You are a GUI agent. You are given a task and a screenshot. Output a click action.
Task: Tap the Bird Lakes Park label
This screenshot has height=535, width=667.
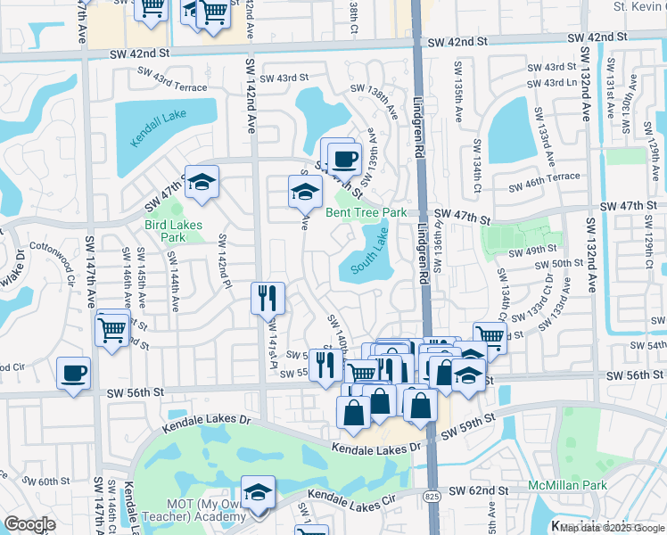pos(174,231)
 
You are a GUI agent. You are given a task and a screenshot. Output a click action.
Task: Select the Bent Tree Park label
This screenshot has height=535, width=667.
pos(366,212)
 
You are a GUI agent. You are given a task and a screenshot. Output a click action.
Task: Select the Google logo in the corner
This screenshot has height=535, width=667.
pos(30,523)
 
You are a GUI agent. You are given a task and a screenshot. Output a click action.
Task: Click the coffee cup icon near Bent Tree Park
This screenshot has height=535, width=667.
pos(343,159)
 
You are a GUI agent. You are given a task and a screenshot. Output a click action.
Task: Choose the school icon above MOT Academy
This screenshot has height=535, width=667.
pos(258,491)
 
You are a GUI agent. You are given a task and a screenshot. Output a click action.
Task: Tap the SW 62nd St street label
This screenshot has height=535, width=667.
pos(478,490)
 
